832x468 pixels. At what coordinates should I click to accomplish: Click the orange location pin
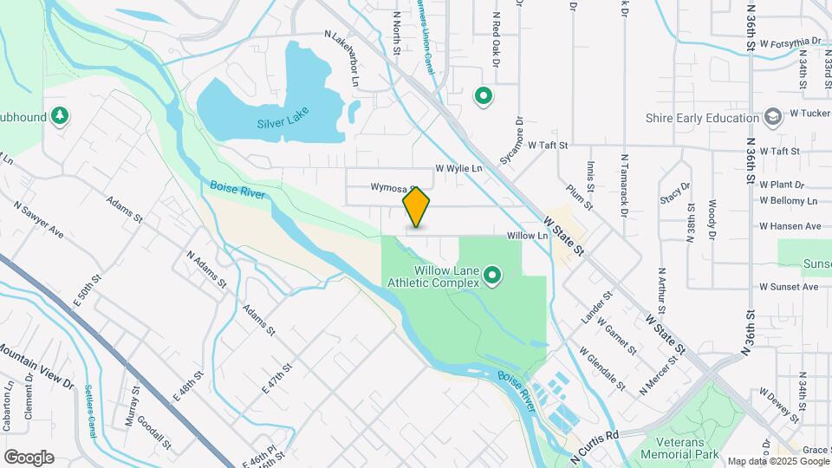point(416,207)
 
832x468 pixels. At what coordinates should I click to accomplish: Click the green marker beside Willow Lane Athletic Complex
point(493,276)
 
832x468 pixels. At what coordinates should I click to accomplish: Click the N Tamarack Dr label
point(624,186)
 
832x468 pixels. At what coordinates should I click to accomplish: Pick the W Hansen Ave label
point(790,226)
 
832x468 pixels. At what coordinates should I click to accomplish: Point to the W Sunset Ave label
point(789,286)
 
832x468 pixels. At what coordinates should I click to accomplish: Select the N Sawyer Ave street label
point(39,220)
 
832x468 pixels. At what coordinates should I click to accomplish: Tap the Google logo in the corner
point(29,457)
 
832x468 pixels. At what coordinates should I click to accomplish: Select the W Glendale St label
point(602,367)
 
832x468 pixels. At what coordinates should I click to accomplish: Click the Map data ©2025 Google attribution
point(778,461)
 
